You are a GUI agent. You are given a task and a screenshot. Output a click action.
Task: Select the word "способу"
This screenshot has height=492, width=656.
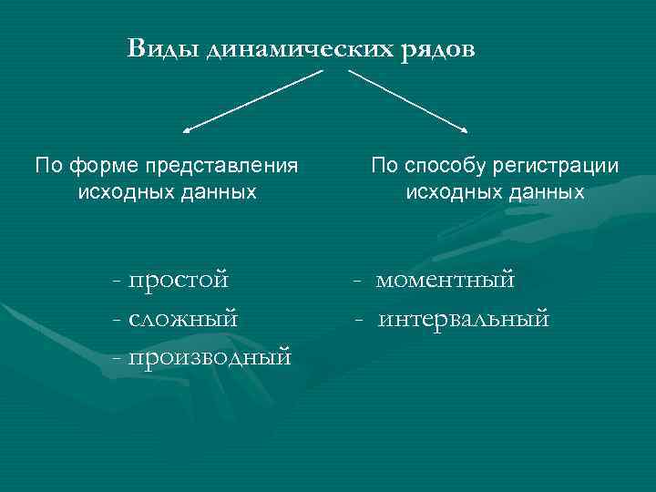pyautogui.click(x=446, y=166)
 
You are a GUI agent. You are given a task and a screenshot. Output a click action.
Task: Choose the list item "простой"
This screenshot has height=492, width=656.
pyautogui.click(x=179, y=279)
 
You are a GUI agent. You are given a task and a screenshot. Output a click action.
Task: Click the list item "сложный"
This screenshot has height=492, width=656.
pyautogui.click(x=183, y=318)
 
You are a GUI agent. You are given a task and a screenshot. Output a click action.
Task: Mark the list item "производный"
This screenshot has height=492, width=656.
pyautogui.click(x=210, y=356)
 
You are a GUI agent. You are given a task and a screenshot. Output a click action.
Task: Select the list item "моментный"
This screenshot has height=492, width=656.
pyautogui.click(x=446, y=279)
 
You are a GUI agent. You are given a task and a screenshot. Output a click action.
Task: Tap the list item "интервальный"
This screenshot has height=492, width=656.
pyautogui.click(x=463, y=318)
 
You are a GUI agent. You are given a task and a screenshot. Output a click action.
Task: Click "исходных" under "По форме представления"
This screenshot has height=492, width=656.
pyautogui.click(x=120, y=192)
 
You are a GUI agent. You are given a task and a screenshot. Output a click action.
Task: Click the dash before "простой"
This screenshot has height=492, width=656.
pyautogui.click(x=114, y=281)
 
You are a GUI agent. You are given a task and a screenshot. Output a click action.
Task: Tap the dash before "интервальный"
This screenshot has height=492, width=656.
pyautogui.click(x=361, y=320)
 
